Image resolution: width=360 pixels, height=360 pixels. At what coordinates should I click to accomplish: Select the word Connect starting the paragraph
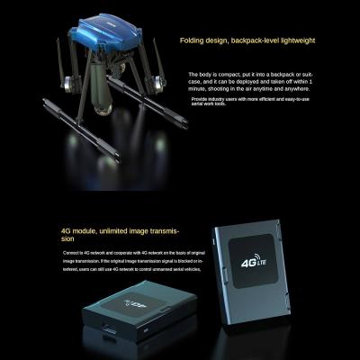72,255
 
